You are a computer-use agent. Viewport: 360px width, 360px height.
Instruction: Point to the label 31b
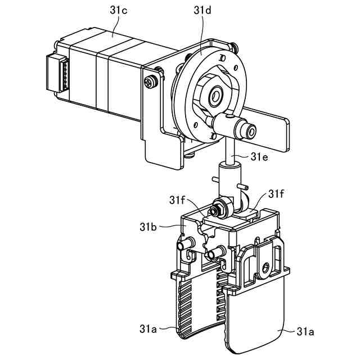point(150,227)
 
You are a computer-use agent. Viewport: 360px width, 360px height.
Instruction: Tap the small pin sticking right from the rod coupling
point(244,186)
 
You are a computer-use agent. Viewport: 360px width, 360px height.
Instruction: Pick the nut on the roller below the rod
point(214,211)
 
